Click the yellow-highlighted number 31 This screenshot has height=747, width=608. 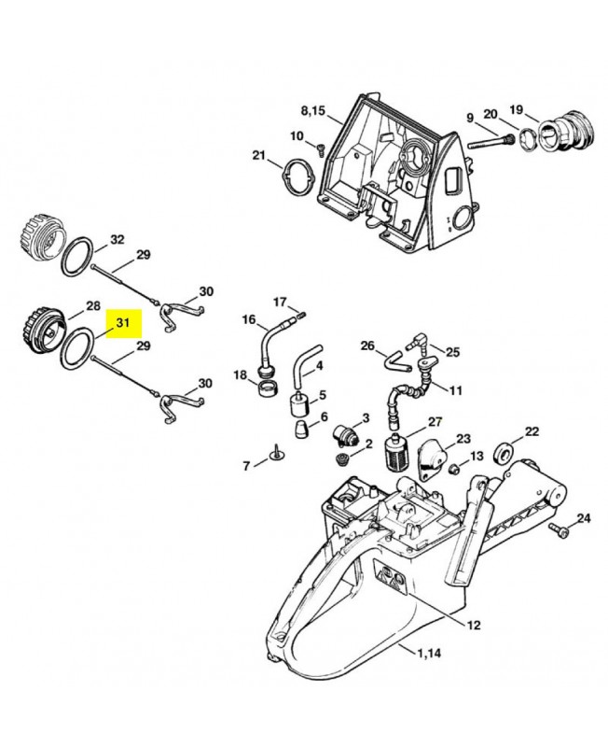123,323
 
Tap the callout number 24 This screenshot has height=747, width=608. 584,518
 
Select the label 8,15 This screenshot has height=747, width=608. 313,111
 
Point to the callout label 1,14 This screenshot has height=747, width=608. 429,653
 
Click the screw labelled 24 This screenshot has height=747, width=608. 558,530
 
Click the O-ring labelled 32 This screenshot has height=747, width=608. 76,256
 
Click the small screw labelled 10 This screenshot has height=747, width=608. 321,149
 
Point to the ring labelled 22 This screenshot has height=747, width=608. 503,451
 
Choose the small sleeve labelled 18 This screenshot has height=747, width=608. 267,388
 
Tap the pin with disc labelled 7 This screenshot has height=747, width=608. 276,454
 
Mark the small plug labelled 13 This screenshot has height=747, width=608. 454,468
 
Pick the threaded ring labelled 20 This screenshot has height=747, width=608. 527,140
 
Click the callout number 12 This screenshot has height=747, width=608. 474,625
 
